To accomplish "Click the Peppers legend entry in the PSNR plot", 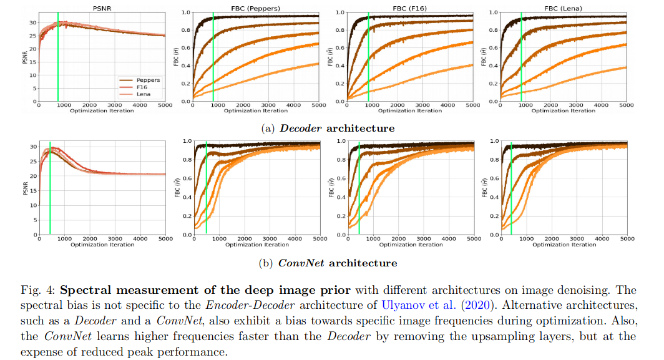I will pos(147,80).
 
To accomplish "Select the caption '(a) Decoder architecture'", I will pos(327,128).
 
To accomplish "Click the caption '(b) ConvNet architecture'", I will pos(327,263).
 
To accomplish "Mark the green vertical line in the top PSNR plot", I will pos(58,62).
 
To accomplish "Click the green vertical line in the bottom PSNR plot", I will pos(50,187).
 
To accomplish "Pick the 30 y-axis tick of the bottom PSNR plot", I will pos(32,147).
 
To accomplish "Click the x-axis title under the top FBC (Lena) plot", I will pos(564,111).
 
